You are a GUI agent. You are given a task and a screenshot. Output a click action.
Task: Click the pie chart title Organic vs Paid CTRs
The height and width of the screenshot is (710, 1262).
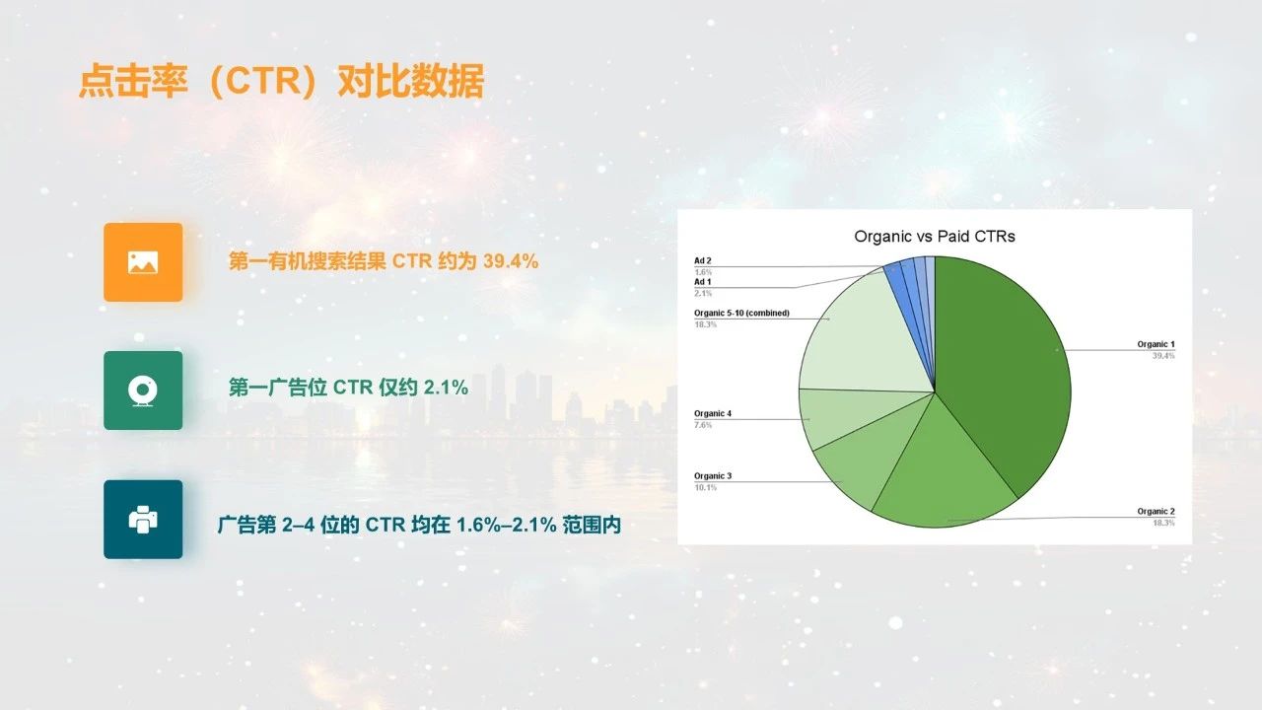click(934, 236)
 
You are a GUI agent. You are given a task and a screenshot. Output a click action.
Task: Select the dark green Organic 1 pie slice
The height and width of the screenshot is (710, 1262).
click(1003, 366)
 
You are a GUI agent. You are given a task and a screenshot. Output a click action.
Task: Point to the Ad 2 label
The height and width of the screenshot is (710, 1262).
click(703, 261)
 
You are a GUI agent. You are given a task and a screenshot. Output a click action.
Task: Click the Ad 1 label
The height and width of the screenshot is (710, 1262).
click(703, 282)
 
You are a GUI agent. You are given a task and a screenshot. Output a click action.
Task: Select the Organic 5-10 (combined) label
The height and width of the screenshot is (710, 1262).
click(741, 313)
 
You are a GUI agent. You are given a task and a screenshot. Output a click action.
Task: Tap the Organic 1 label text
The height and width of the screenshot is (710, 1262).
click(1157, 344)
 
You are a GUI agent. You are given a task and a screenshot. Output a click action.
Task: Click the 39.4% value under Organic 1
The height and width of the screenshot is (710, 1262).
click(1163, 356)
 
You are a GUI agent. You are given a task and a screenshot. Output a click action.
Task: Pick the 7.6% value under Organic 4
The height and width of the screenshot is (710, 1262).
click(703, 425)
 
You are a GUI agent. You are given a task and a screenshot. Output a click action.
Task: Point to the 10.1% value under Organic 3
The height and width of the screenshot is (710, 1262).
click(705, 487)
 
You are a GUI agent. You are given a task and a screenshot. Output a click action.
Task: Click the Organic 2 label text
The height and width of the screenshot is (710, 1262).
click(1157, 511)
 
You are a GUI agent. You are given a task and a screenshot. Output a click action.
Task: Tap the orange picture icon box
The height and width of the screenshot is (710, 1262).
click(143, 262)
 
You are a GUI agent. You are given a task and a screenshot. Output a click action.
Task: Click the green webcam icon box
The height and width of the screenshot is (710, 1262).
click(143, 390)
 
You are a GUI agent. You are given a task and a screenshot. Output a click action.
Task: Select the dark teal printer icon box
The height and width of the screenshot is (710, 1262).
click(143, 520)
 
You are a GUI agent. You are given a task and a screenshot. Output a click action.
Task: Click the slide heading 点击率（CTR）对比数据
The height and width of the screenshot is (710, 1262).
click(281, 81)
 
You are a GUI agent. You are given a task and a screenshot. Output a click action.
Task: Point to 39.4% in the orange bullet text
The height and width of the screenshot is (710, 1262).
click(511, 261)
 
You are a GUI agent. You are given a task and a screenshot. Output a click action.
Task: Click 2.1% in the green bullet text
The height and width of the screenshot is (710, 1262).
click(446, 388)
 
